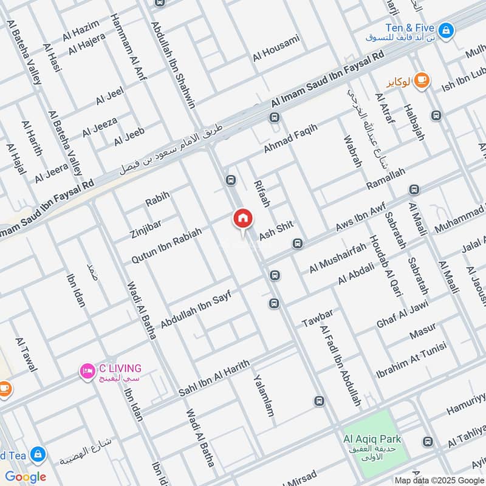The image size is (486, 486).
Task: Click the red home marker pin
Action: pyautogui.click(x=243, y=218)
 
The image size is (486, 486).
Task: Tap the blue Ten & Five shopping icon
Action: pyautogui.click(x=447, y=29)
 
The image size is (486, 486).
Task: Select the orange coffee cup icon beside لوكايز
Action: pyautogui.click(x=422, y=80)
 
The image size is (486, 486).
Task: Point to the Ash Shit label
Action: pyautogui.click(x=276, y=229)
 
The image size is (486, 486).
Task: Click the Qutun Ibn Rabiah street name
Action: pyautogui.click(x=166, y=241)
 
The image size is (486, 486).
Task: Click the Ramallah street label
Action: pyautogui.click(x=386, y=180)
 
